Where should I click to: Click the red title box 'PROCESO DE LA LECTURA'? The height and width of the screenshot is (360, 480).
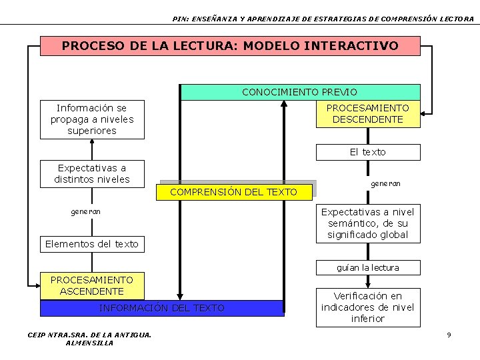coord(230,46)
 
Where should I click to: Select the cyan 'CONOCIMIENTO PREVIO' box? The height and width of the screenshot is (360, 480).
coord(300,92)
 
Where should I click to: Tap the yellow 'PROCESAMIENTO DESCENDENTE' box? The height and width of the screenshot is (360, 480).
coord(367,113)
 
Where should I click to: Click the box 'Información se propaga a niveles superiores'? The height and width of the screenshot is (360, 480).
coord(92,119)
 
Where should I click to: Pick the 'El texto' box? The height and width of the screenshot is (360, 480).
coord(367,152)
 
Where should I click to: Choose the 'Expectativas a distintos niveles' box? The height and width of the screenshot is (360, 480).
coord(92,173)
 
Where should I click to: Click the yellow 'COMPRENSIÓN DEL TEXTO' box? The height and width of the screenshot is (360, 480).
coord(233,192)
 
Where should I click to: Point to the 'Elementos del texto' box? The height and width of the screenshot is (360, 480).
coord(92,244)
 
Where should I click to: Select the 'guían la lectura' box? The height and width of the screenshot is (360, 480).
coord(367,267)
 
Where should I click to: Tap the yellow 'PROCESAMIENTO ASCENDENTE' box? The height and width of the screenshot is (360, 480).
coord(92,285)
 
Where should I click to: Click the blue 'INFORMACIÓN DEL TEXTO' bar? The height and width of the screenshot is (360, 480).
coord(161,308)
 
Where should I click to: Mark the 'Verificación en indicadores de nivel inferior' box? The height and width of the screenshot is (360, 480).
coord(367,307)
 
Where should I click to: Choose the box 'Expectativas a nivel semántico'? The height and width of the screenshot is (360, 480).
coord(367,223)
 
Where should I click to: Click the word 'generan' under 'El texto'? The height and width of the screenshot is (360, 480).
coord(385,183)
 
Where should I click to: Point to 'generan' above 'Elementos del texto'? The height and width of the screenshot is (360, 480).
coord(86,211)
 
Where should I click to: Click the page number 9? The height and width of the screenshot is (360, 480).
coord(449,334)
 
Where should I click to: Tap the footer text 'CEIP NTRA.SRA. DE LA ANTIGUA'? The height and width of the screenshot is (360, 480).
coord(89,335)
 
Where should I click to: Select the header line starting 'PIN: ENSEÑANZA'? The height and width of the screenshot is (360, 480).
coord(323,19)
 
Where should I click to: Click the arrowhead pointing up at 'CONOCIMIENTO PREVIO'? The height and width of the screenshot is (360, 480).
coord(285,105)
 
